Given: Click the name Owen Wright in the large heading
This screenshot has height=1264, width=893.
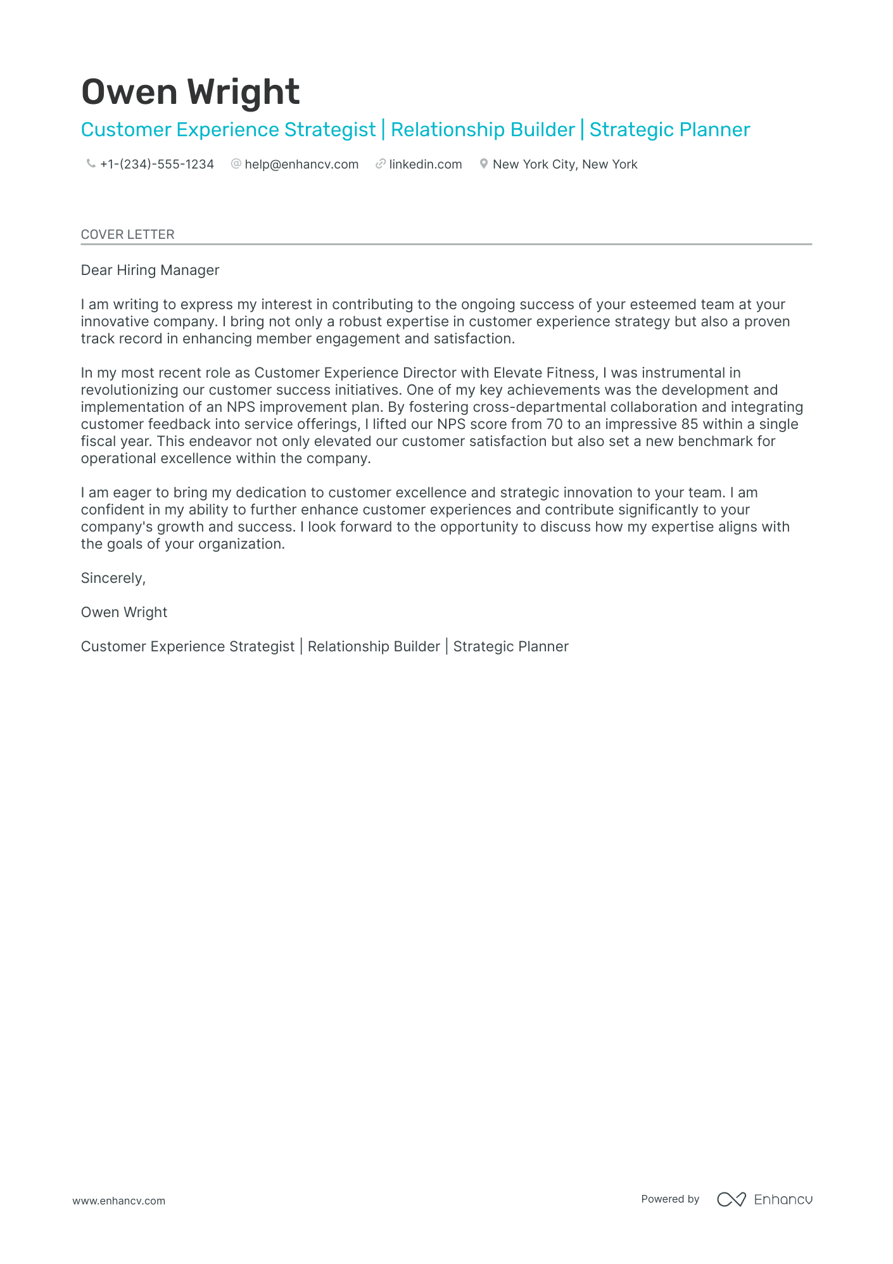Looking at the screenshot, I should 190,93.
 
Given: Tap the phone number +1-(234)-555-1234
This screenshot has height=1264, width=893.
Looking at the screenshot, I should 156,165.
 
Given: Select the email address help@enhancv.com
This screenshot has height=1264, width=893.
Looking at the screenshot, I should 301,165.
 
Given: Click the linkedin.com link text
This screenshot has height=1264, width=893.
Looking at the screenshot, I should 425,165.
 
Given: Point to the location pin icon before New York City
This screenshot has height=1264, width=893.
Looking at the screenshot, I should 483,164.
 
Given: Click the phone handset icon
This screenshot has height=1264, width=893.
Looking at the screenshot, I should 91,164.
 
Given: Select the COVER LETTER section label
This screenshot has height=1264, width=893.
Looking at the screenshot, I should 127,234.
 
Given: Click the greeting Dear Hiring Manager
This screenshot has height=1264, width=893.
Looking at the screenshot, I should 150,271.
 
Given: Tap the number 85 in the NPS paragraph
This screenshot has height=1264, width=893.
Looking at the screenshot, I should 689,425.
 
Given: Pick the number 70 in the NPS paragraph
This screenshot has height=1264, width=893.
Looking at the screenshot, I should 554,425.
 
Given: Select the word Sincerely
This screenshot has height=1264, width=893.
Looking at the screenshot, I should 113,578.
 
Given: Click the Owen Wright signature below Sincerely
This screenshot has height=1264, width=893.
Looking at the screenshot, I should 124,613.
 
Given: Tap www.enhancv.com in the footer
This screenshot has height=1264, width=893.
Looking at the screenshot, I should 118,1201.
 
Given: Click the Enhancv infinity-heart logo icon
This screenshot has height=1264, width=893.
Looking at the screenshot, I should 731,1199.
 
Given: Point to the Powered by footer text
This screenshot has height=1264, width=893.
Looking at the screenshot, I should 669,1199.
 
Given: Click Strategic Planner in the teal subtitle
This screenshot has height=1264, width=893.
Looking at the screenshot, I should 669,130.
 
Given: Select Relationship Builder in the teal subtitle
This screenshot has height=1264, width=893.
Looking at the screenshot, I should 482,130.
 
